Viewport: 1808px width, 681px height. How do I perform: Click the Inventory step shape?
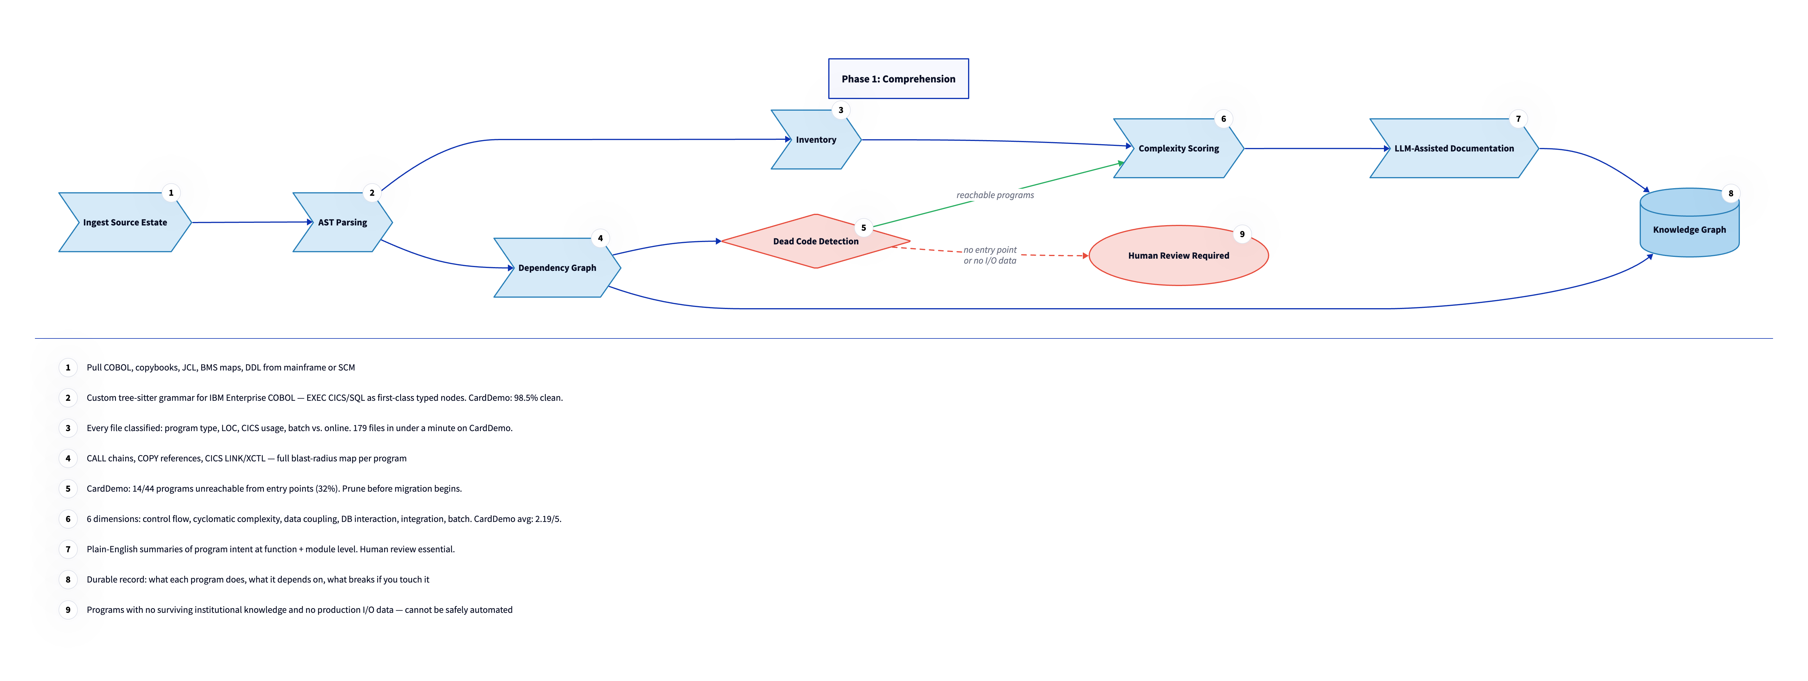point(815,140)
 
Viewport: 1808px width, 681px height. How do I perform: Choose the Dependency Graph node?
point(557,267)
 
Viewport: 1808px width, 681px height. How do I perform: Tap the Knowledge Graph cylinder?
point(1689,230)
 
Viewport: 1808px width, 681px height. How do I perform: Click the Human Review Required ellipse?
point(1178,255)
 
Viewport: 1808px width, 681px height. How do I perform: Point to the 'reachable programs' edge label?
point(995,195)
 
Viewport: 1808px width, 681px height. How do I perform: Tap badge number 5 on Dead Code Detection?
point(863,227)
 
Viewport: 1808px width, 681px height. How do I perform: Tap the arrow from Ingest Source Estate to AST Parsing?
point(251,223)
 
